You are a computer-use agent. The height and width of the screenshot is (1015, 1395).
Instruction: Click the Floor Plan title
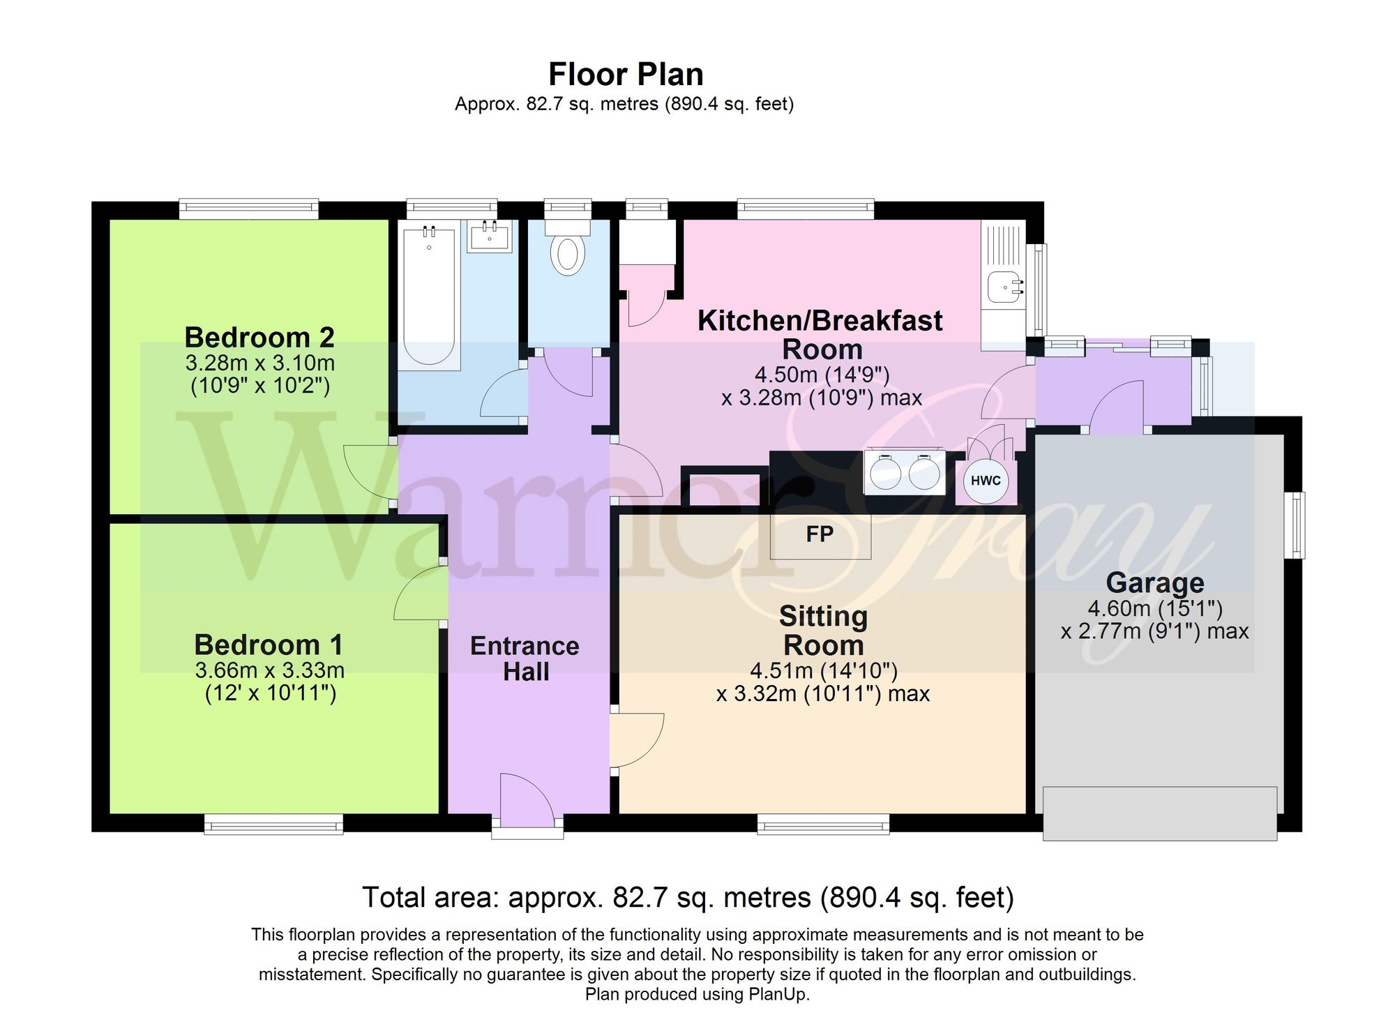(626, 74)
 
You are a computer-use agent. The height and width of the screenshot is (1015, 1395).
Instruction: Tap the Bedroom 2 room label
(259, 338)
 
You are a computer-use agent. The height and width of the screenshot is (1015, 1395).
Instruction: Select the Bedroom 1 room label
(269, 645)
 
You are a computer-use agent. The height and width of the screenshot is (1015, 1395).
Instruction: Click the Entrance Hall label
(525, 659)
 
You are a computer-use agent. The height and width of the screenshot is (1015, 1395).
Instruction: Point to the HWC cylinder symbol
(986, 481)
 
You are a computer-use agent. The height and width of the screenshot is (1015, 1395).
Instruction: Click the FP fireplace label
(820, 534)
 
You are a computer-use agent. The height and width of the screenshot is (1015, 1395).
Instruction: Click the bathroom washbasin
(490, 236)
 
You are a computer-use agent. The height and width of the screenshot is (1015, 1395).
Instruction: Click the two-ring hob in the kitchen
(905, 472)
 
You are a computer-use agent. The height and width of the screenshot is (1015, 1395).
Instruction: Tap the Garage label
(1155, 582)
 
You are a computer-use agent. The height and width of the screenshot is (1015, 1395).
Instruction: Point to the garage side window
(1295, 525)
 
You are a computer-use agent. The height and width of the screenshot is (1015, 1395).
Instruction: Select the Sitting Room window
(824, 824)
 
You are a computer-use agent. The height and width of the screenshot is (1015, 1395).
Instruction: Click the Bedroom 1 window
(273, 824)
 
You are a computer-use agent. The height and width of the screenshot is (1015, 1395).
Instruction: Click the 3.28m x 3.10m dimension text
(260, 363)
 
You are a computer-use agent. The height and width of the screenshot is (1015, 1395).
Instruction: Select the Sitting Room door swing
(637, 740)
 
